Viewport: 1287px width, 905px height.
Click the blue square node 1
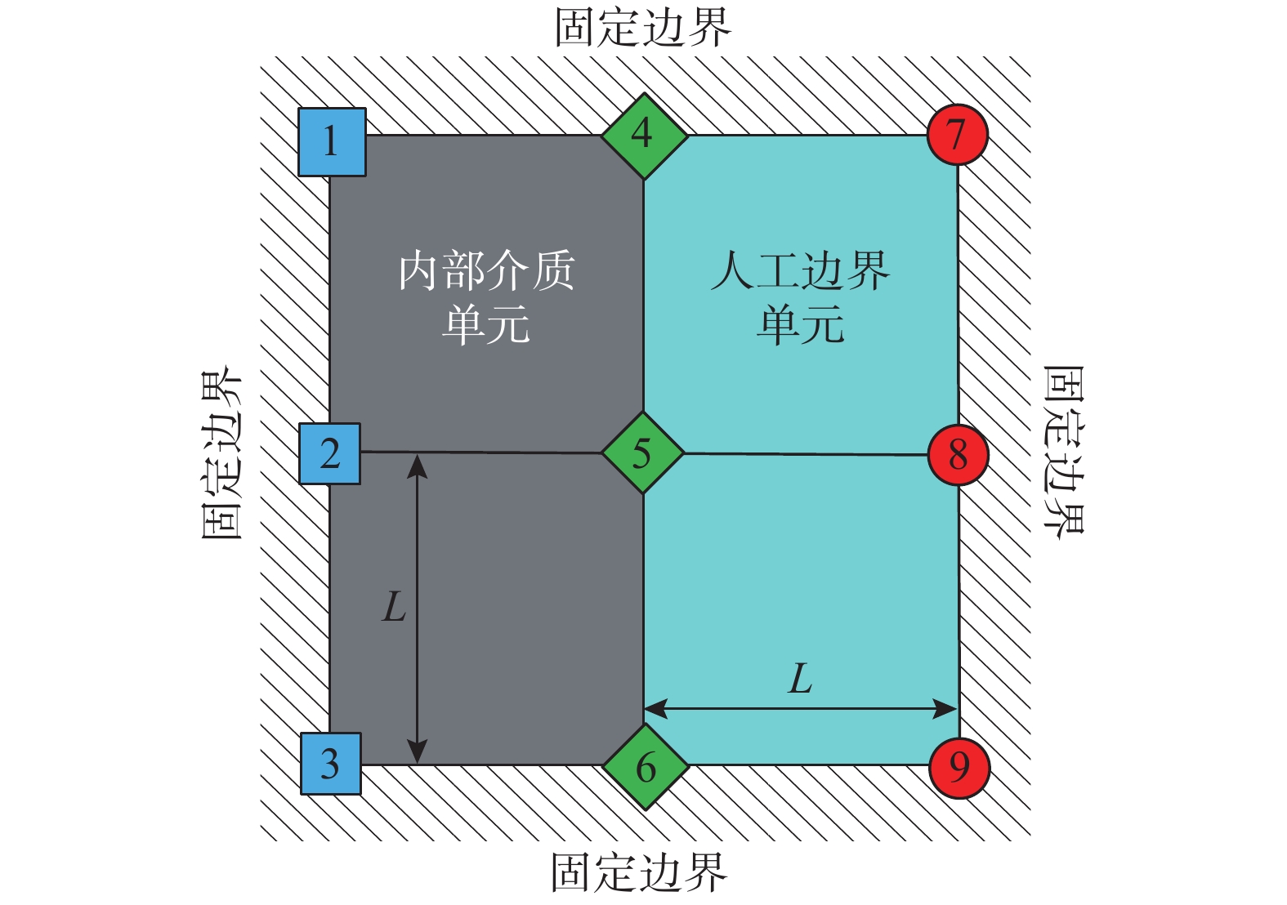[332, 142]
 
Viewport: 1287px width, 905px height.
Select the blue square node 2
[330, 453]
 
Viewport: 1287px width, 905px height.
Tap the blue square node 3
[331, 764]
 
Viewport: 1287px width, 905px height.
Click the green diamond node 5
[643, 452]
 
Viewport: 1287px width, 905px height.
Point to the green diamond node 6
[646, 767]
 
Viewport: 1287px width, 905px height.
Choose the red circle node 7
[957, 135]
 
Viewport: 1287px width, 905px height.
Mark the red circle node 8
[958, 456]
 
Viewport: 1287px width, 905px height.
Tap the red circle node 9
[959, 768]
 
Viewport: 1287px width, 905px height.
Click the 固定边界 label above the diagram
[643, 27]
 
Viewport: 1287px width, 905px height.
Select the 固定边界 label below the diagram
[640, 872]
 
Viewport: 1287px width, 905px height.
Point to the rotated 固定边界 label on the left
[221, 452]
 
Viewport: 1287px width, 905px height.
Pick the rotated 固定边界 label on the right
[1063, 452]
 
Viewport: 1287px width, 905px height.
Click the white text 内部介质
[487, 270]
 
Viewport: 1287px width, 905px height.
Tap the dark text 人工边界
[800, 270]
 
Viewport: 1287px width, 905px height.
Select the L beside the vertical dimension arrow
[394, 607]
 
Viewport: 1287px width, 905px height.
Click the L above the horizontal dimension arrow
[800, 678]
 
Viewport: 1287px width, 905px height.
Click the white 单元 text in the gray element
[486, 324]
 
